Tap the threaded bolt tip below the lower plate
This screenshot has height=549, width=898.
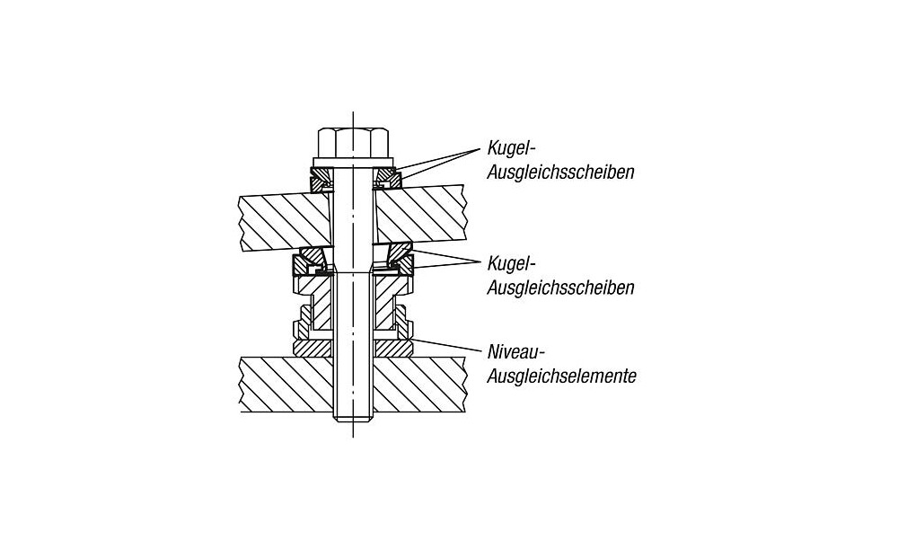pos(353,417)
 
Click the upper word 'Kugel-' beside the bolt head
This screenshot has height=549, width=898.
pos(511,148)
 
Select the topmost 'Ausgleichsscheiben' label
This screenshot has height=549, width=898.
pos(560,172)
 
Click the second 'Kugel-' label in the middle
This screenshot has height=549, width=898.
pos(511,263)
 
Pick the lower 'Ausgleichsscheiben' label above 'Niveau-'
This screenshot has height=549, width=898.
pos(560,288)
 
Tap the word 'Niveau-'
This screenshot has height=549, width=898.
pos(514,350)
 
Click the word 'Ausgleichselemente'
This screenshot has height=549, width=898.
pos(562,376)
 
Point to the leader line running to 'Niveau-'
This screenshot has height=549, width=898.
pos(445,344)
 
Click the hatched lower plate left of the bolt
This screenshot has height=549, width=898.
pos(286,384)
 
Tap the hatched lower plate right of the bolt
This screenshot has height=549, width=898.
pos(418,384)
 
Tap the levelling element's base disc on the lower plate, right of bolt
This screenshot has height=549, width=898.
pos(393,348)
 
